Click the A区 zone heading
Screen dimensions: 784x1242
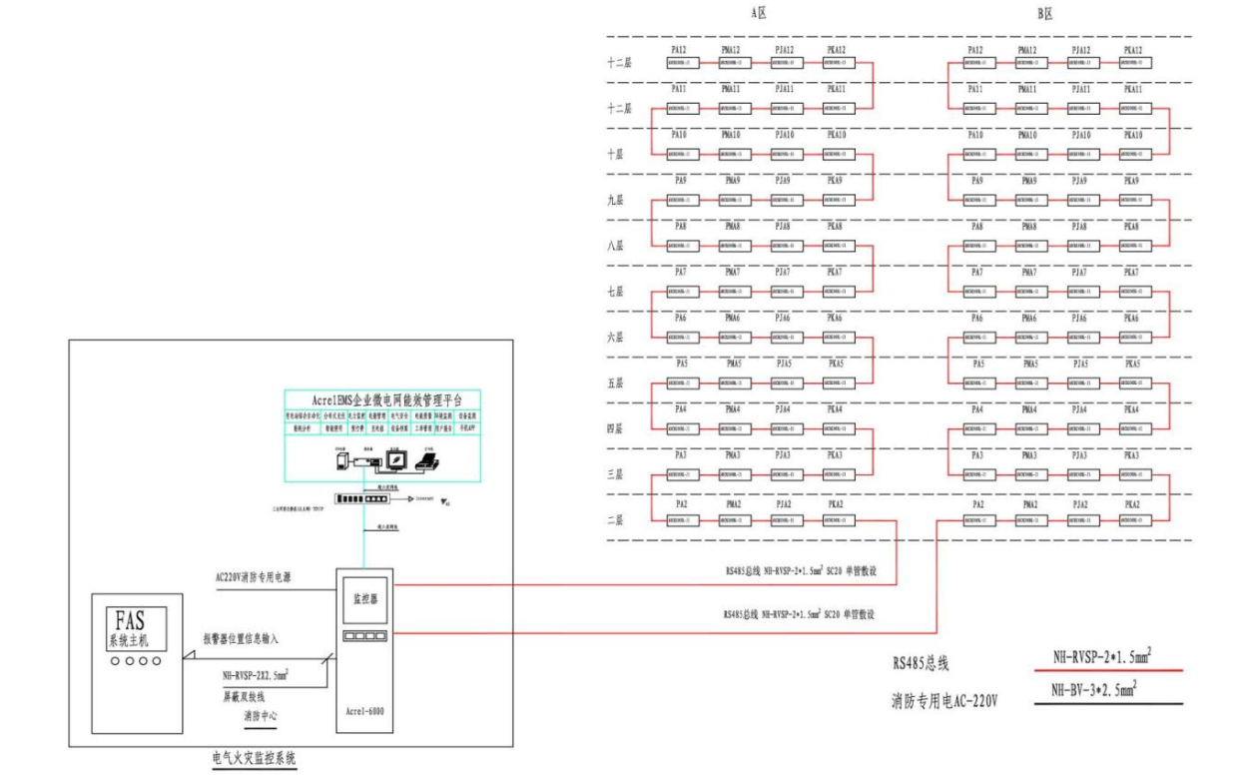pos(758,14)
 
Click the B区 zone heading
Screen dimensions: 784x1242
pos(1045,14)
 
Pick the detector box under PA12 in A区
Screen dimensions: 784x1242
pos(682,62)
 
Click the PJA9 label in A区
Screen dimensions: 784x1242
pos(784,181)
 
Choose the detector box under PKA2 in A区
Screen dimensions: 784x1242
pos(839,520)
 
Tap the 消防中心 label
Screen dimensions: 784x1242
pos(262,716)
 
